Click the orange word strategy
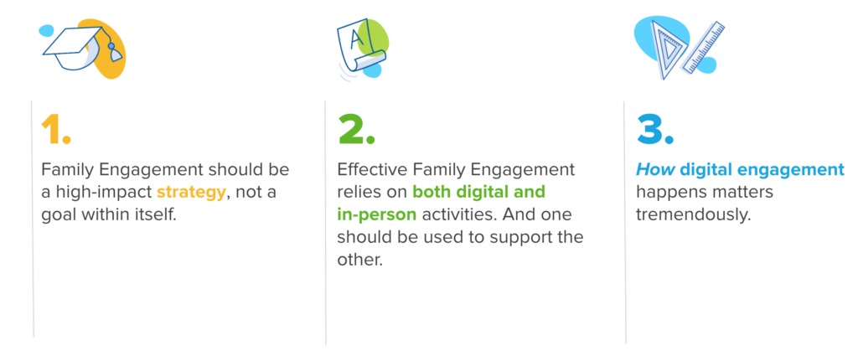(191, 192)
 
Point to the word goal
(59, 214)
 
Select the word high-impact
(104, 192)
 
